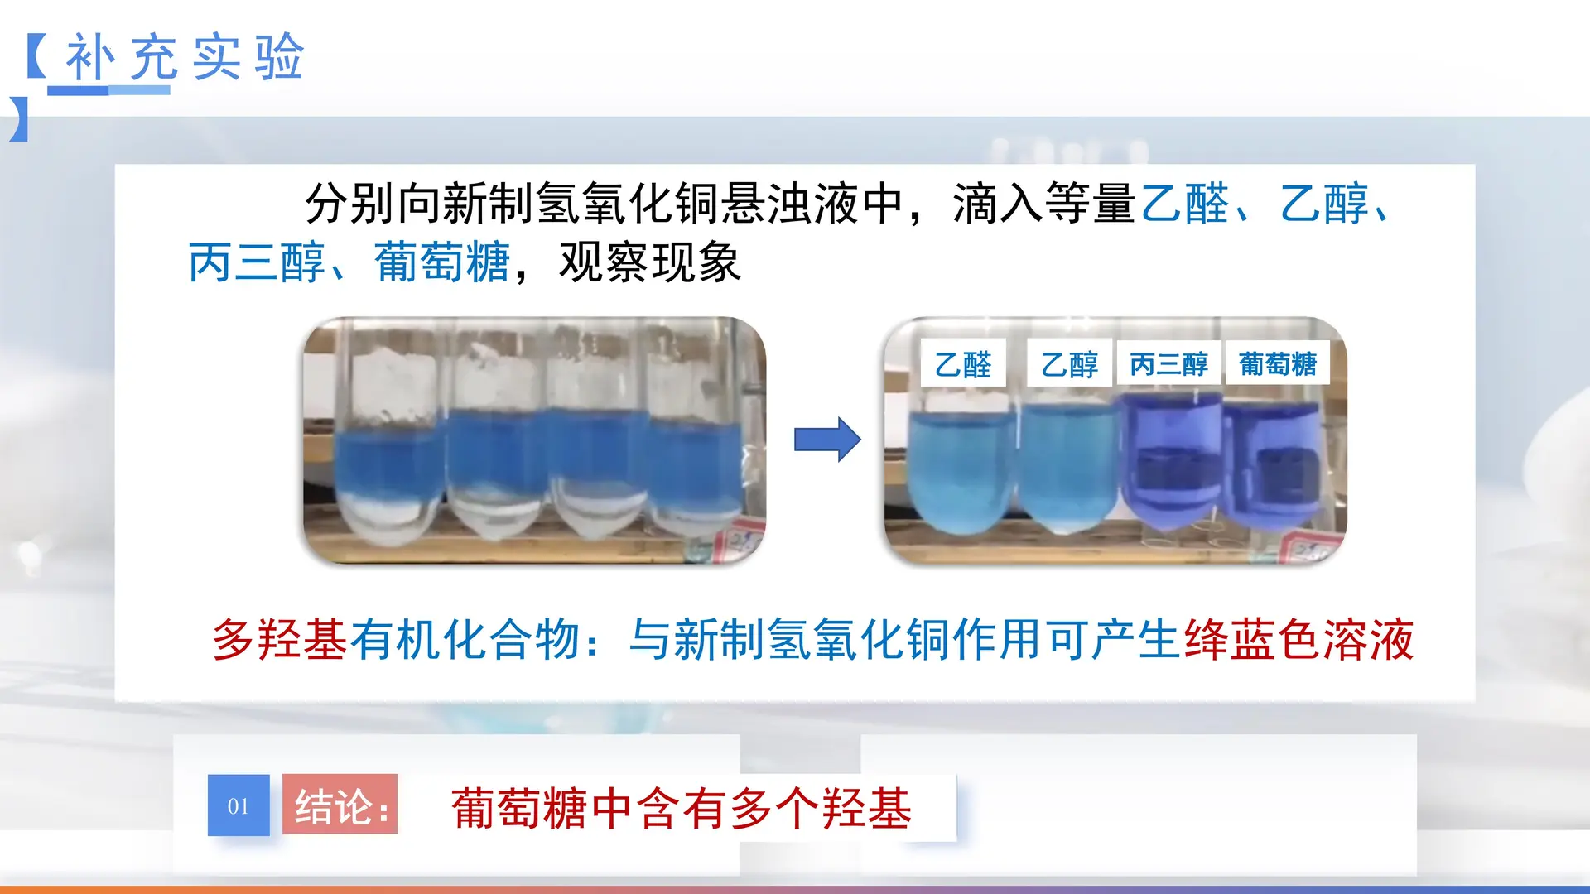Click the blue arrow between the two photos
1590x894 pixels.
[x=826, y=440]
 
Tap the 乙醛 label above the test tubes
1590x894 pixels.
[x=963, y=363]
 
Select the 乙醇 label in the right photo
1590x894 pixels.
[x=1069, y=363]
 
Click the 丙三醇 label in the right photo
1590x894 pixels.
[x=1168, y=363]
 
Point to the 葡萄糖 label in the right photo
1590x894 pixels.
[x=1277, y=363]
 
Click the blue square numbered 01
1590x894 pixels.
[x=238, y=805]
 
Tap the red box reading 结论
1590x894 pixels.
[x=340, y=805]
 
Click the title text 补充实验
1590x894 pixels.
[x=184, y=58]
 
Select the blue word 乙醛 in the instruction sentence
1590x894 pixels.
[x=1184, y=204]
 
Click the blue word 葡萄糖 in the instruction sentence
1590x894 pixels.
[x=441, y=262]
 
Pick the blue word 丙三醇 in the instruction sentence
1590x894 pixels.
[x=256, y=262]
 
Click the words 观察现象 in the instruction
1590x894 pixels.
[x=650, y=262]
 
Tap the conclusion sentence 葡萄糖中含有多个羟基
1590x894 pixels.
[x=681, y=808]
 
